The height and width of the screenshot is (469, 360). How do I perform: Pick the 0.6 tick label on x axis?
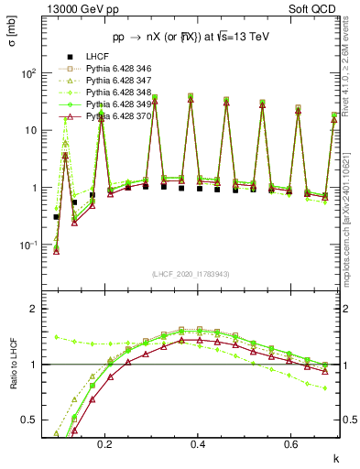click(289, 444)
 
